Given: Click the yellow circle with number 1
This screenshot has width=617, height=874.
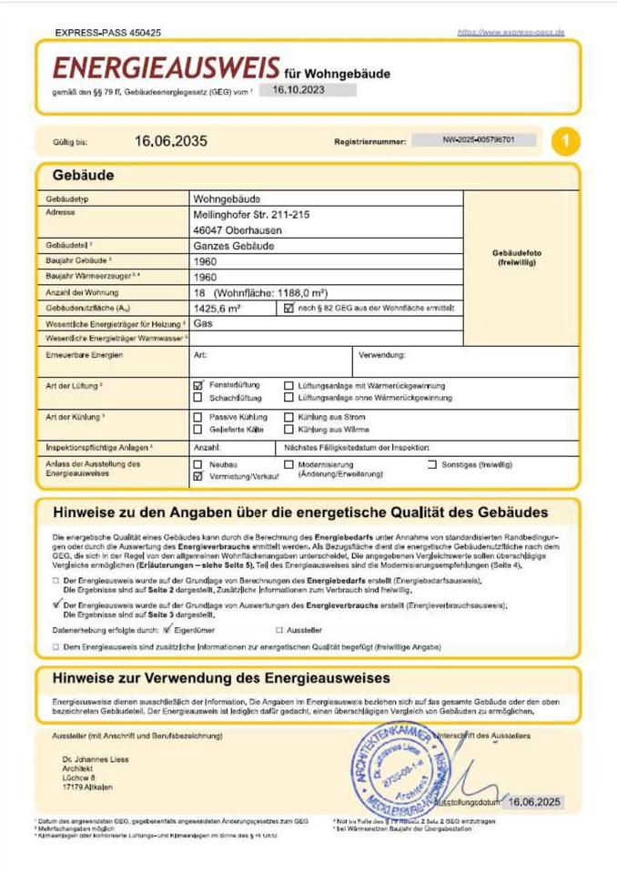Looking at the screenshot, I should [x=566, y=141].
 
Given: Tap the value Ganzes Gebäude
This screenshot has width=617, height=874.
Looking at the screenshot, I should [x=231, y=246].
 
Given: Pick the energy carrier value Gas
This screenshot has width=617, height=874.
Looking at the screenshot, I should [x=203, y=323].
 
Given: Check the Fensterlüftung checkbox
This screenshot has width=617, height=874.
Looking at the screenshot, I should [x=198, y=385].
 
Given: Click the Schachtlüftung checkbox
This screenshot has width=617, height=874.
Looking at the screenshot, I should [x=198, y=398].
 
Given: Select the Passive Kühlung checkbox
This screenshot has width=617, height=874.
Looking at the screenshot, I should [x=198, y=416].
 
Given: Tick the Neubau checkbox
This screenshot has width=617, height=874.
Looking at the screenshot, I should [x=198, y=463].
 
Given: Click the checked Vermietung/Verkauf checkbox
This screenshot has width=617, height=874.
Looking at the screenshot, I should [x=198, y=475].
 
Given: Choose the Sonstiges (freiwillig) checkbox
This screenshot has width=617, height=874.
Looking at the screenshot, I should [x=432, y=464].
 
